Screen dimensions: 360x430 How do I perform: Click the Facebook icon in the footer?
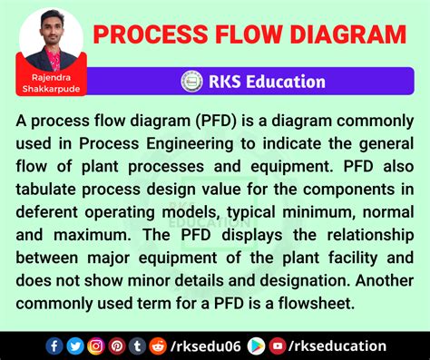[x=54, y=345]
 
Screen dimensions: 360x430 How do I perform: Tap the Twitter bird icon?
[x=74, y=345]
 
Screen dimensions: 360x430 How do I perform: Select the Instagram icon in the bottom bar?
[x=95, y=345]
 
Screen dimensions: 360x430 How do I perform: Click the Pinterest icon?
[x=116, y=345]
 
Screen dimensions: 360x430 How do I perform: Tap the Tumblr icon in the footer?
[x=136, y=345]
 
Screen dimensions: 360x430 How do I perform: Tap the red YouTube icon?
[x=277, y=345]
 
